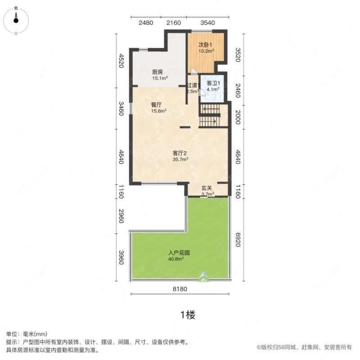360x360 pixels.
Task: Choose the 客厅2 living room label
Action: tap(180, 153)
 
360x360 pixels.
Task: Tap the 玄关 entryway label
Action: tap(207, 188)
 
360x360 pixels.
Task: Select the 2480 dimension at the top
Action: tap(146, 23)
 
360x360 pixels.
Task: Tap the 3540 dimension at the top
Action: tap(207, 23)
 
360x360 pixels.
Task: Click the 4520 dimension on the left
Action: tap(121, 61)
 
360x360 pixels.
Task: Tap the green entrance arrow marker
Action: tap(204, 276)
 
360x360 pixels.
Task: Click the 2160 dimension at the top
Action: tap(174, 23)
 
